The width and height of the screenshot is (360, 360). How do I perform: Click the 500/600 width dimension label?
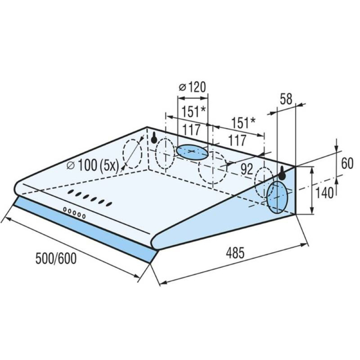tap(56, 259)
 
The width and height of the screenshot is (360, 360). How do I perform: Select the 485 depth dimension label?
tap(235, 253)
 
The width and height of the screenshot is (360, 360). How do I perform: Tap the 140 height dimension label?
tap(324, 193)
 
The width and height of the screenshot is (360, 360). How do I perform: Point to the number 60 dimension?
tap(347, 163)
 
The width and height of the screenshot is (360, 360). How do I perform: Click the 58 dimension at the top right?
tap(286, 99)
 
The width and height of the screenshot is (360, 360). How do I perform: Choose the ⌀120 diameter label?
tap(193, 87)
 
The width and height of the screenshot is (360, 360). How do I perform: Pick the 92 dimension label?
tap(247, 169)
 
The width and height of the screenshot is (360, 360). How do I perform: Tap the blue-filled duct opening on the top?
tap(192, 152)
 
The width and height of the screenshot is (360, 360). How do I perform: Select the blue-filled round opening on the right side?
tap(277, 197)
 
